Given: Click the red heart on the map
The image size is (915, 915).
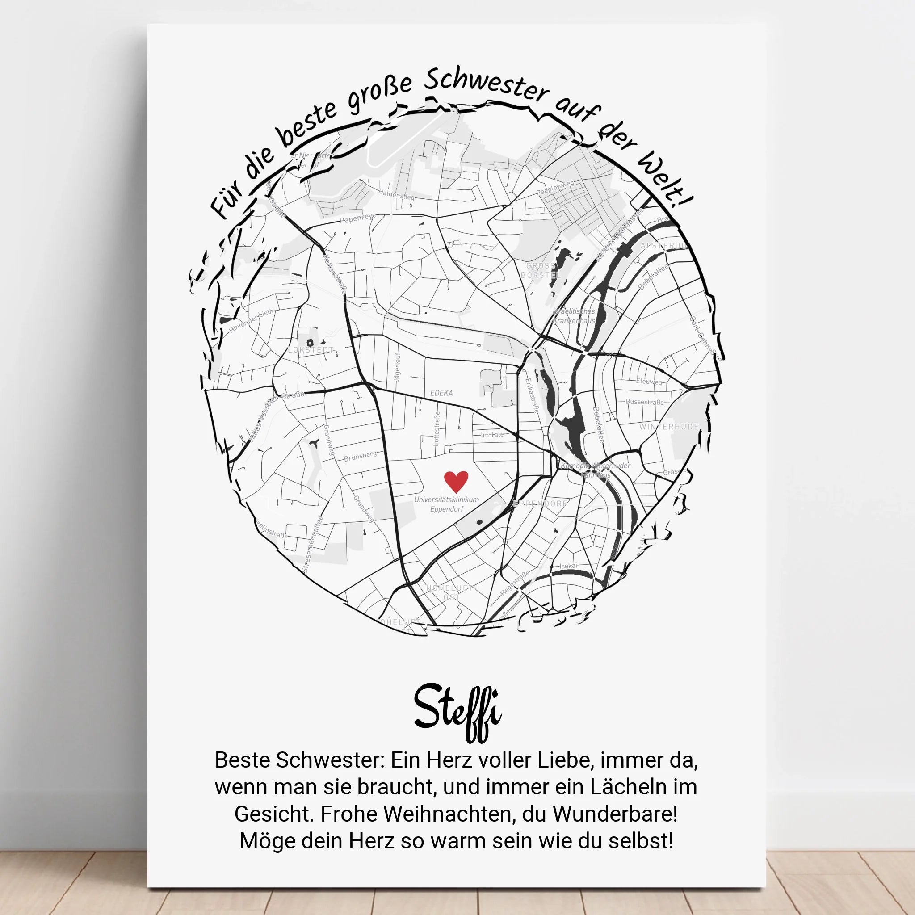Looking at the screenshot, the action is (x=456, y=481).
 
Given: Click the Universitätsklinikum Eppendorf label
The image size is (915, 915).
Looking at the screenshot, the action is (x=447, y=504).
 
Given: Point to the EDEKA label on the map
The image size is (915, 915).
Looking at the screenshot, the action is (x=441, y=393).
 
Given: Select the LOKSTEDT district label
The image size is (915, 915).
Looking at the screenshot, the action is (x=311, y=350).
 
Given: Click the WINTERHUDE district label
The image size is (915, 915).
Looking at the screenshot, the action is (x=669, y=427).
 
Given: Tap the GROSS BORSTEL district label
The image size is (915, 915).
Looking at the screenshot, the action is (x=541, y=270).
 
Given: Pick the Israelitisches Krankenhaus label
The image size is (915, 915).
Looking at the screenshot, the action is (x=574, y=316).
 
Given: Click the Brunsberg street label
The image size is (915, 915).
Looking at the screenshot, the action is (x=361, y=456).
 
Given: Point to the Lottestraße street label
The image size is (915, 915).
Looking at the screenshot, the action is (x=437, y=428).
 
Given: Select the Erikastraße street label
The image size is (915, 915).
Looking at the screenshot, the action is (x=532, y=395).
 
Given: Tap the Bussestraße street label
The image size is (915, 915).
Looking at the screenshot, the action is (x=645, y=402).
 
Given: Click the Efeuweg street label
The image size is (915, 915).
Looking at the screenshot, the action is (x=649, y=381).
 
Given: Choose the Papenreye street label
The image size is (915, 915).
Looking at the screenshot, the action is (x=357, y=218).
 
